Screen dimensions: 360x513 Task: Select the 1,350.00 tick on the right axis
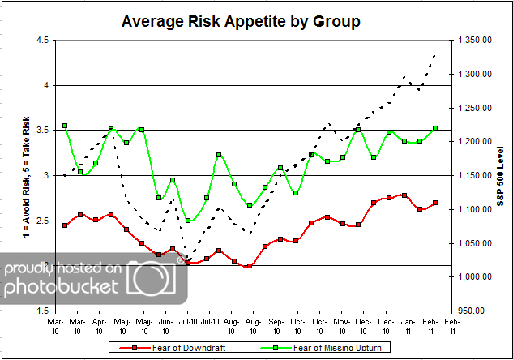click(476, 40)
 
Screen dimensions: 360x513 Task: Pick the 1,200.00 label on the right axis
click(476, 141)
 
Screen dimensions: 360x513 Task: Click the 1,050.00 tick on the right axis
click(476, 242)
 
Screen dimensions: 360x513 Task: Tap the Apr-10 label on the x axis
click(99, 325)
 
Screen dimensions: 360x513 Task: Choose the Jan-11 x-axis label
click(408, 325)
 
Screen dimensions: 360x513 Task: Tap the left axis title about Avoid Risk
click(11, 175)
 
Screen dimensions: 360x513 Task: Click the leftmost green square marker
click(65, 126)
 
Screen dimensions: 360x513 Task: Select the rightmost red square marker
click(436, 203)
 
